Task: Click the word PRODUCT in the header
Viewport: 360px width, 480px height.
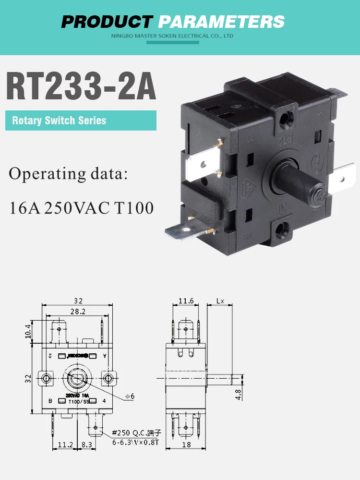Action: point(107,21)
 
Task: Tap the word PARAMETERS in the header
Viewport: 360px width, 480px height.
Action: point(221,21)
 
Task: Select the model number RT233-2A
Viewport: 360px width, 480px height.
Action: point(81,86)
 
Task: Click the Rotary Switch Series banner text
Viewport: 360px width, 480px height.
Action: point(59,120)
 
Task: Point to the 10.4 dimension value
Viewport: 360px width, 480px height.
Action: point(28,331)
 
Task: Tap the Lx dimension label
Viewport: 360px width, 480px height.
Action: point(220,301)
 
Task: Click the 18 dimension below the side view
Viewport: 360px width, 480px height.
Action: point(186,444)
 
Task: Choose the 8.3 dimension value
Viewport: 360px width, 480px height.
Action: point(86,444)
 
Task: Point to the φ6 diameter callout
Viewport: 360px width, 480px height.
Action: point(130,396)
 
